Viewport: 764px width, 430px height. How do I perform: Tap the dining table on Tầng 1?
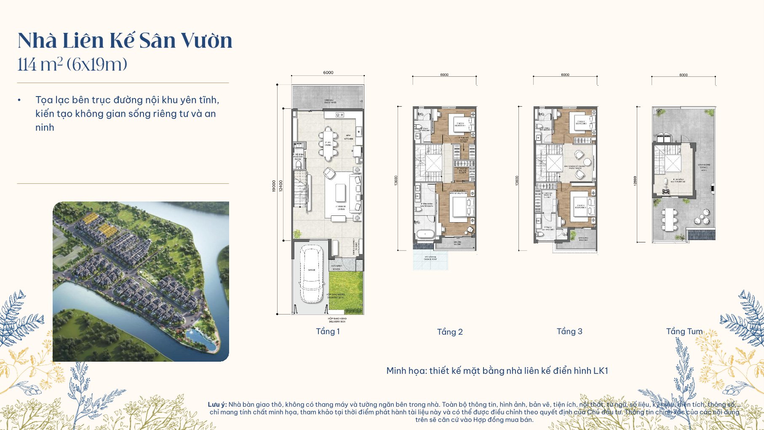(328, 144)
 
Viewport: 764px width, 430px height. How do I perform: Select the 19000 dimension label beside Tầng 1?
(274, 185)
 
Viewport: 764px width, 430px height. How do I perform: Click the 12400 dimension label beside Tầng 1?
(281, 185)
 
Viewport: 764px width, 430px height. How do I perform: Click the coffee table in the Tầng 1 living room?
(340, 193)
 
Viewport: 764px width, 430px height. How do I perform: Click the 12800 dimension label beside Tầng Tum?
(635, 180)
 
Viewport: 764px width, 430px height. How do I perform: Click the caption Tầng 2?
(450, 332)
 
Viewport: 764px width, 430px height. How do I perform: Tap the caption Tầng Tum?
(684, 331)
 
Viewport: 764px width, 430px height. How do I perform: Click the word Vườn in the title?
(206, 40)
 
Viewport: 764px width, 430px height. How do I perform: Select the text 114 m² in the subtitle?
(40, 64)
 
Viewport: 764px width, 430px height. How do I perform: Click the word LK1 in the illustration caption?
(601, 371)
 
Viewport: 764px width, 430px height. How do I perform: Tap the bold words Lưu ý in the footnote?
(217, 404)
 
